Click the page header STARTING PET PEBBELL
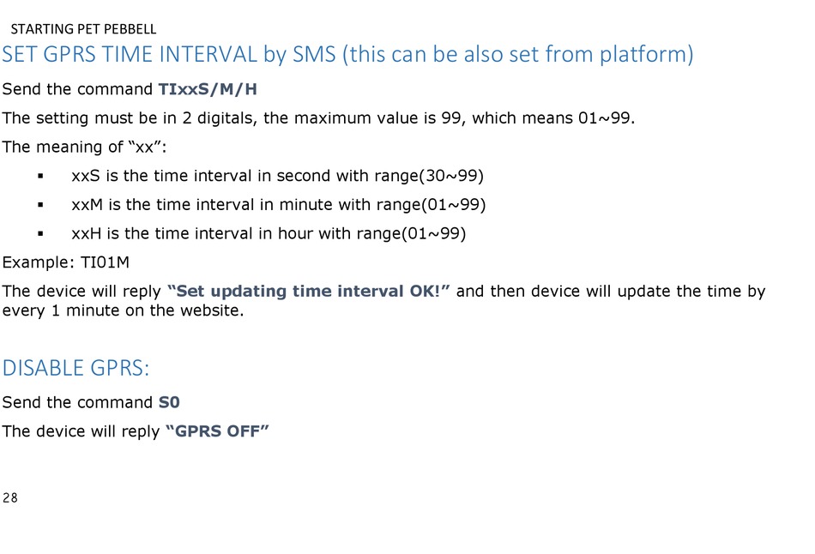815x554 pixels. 83,29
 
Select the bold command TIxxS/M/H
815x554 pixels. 208,89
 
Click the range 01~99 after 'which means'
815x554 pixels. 604,118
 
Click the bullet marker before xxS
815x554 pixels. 40,176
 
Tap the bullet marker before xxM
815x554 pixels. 40,205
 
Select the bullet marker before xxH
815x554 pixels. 40,234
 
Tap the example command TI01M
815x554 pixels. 105,262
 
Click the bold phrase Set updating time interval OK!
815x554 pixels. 308,291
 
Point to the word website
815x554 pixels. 212,310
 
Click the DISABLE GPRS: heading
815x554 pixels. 75,368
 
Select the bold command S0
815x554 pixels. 169,402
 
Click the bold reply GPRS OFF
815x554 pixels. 217,431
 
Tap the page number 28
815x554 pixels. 10,498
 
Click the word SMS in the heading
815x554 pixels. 314,54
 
